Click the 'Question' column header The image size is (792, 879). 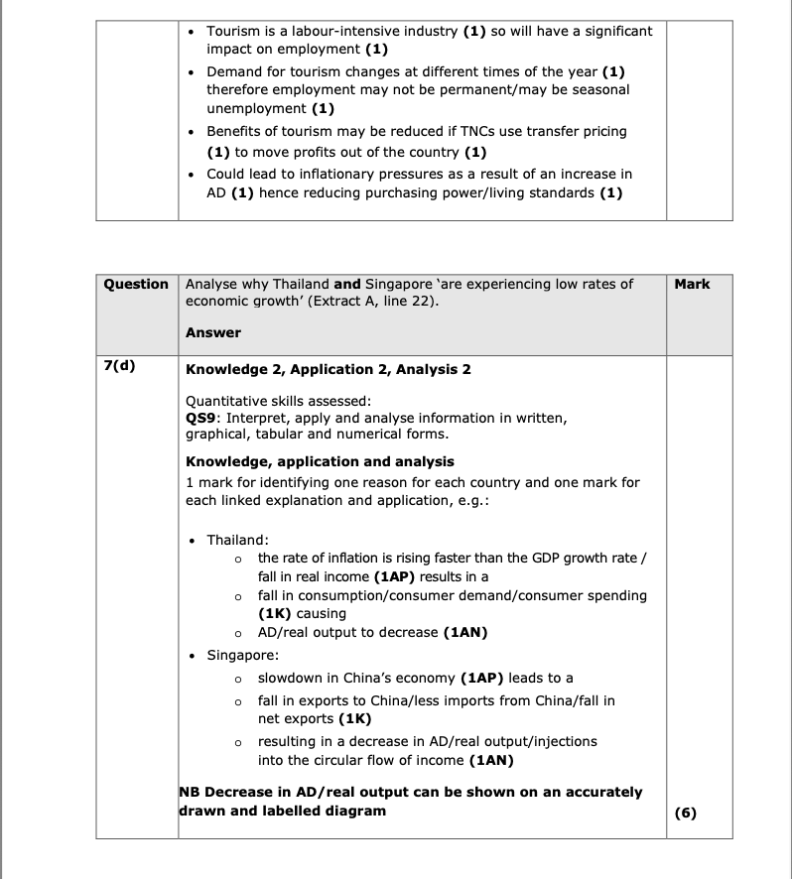tap(136, 285)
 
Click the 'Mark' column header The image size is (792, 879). tap(692, 285)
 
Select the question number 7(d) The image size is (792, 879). tap(119, 365)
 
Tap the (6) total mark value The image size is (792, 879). tap(685, 813)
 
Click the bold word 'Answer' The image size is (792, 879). tap(212, 332)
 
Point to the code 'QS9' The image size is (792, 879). tap(203, 418)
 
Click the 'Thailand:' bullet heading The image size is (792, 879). tap(238, 540)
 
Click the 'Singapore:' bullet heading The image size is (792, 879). tap(242, 656)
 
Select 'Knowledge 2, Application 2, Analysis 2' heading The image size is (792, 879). tap(328, 370)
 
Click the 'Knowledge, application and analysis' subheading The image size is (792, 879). tap(320, 461)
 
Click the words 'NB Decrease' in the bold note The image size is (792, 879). tap(222, 793)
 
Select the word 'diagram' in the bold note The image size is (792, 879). tap(355, 811)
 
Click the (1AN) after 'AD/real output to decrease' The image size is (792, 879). tap(465, 632)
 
